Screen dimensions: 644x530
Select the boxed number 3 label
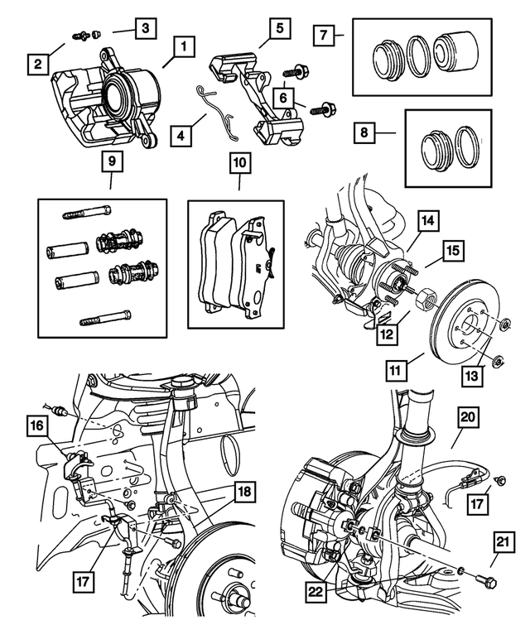[x=145, y=28]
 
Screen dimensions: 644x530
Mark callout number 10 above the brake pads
[x=238, y=164]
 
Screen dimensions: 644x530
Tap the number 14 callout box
[x=426, y=221]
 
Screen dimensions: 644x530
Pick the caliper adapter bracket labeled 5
[x=263, y=91]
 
